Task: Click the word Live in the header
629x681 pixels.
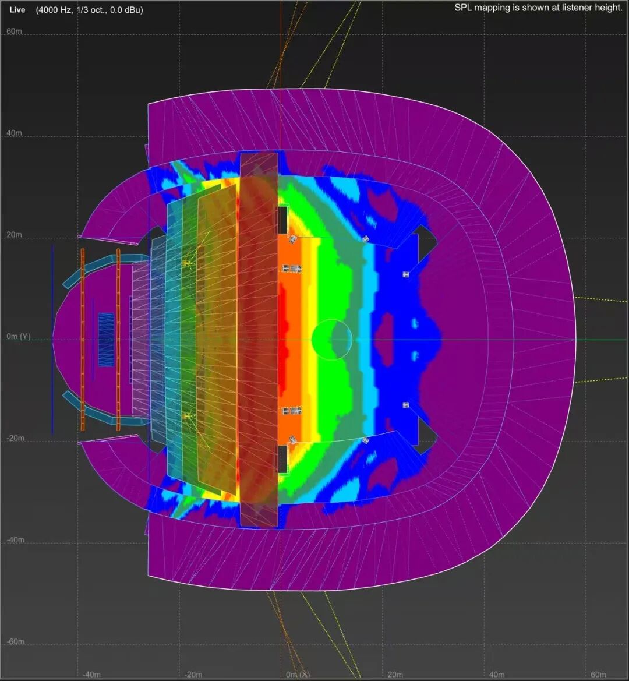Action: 17,9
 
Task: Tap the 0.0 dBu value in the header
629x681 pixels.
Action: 126,9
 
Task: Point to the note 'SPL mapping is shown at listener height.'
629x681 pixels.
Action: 538,8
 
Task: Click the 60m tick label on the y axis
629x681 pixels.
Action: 14,31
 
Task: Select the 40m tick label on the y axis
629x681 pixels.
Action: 14,133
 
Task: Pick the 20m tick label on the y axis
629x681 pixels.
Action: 14,235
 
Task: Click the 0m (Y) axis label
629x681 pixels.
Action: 18,337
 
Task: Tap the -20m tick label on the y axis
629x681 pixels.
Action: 15,438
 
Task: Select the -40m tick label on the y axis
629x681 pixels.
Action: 15,540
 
